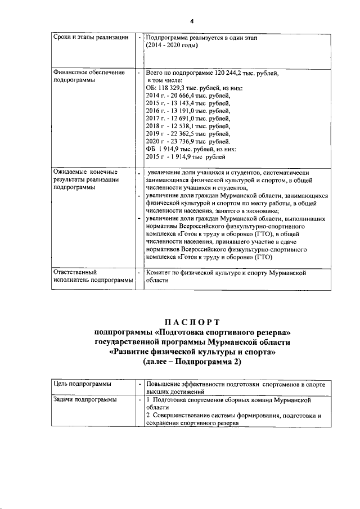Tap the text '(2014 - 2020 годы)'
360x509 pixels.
pos(172,45)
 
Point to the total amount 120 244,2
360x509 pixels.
pos(228,73)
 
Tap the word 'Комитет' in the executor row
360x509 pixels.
pos(159,272)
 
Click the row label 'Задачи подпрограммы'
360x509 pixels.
pos(84,399)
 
